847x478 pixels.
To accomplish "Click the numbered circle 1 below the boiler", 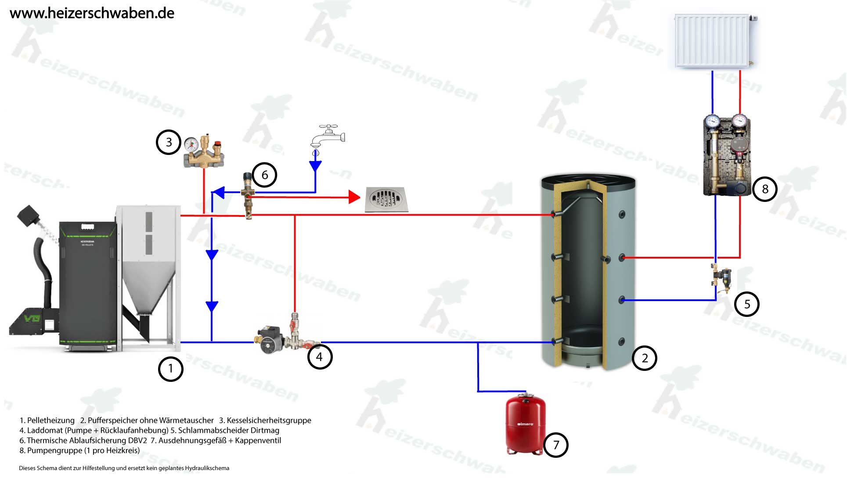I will click(170, 369).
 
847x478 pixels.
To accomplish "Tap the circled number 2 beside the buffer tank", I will click(644, 358).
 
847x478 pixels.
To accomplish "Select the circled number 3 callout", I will click(169, 142).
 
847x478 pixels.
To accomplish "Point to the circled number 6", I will click(264, 175).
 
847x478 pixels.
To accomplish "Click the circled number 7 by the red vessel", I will click(556, 445).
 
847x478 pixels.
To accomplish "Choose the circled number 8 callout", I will click(765, 189).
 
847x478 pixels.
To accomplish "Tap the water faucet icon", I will click(327, 137).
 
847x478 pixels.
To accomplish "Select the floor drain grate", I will click(386, 199).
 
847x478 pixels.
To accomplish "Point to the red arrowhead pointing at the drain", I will click(354, 197).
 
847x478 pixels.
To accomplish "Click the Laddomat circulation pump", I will click(268, 341).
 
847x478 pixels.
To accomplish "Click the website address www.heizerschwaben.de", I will click(92, 13).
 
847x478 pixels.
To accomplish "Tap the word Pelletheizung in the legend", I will click(50, 420).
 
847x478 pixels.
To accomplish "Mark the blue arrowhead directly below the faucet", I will click(315, 166).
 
